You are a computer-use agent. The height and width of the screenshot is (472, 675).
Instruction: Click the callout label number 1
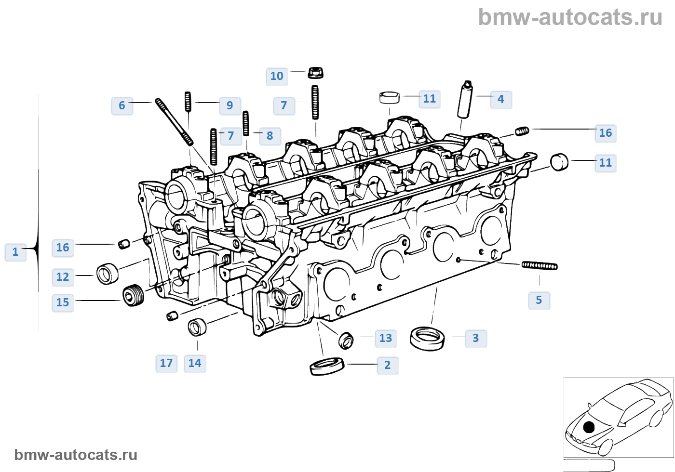coord(15,252)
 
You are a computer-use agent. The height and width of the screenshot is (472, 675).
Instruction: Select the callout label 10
coord(277,76)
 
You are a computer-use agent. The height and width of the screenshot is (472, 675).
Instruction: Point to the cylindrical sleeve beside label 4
coord(465,100)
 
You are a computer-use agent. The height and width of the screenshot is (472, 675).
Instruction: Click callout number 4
coord(501,99)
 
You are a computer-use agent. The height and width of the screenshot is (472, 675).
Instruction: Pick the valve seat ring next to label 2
coord(327,366)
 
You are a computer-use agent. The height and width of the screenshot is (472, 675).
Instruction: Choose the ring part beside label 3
coord(427,338)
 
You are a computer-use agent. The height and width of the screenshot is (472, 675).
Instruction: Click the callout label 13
coord(386,338)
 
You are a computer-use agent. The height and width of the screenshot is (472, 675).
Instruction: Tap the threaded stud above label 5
coord(540,265)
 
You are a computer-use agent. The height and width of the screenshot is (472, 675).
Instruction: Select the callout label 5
coord(539,300)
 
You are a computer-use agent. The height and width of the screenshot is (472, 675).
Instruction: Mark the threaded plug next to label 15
coord(134,295)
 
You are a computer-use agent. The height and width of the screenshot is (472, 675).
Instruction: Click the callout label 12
coord(63,277)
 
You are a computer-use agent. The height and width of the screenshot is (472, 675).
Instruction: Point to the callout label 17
coord(166,363)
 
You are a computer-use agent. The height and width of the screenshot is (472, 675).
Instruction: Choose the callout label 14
coord(195,363)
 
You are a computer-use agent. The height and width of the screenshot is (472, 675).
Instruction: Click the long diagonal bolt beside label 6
coord(174,122)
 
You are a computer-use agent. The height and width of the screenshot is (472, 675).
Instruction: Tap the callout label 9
coord(230,105)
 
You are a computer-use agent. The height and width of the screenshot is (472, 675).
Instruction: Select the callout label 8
coord(270,136)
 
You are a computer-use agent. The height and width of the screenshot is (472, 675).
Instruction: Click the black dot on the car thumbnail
coord(589,427)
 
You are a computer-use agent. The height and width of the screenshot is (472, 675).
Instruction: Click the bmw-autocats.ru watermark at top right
coord(570,17)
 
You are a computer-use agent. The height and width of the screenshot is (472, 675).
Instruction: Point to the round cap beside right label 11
coord(559,162)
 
